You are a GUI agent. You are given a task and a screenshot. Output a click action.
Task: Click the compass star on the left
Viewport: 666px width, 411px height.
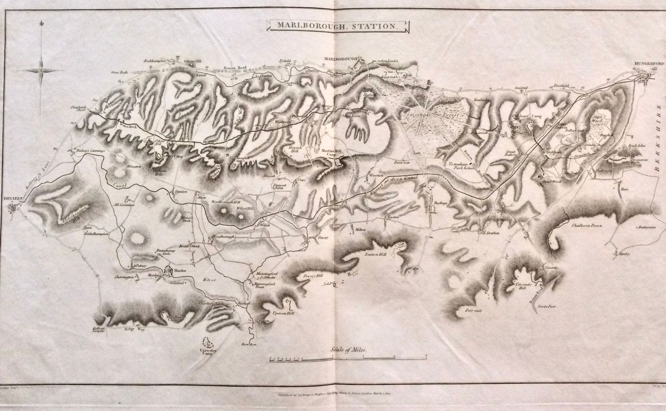pyautogui.click(x=42, y=70)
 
